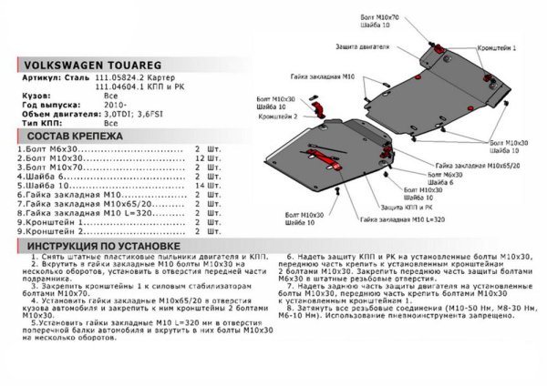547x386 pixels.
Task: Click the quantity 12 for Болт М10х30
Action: [x=199, y=157]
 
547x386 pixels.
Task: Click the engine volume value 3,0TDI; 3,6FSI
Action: [x=132, y=113]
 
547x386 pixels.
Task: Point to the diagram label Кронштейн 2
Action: [x=277, y=117]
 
